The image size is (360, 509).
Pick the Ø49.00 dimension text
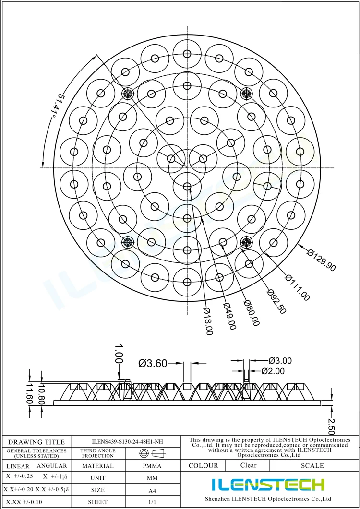[229, 317]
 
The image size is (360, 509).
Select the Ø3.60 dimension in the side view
[153, 364]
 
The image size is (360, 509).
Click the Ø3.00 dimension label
[280, 360]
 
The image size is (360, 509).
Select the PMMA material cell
[152, 466]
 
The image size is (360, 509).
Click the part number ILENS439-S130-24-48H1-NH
[127, 442]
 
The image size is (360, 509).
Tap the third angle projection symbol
[152, 453]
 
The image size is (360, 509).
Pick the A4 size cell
[152, 490]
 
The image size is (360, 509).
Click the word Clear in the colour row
[248, 465]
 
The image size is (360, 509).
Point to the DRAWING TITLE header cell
[36, 442]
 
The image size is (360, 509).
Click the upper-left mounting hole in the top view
[128, 94]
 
